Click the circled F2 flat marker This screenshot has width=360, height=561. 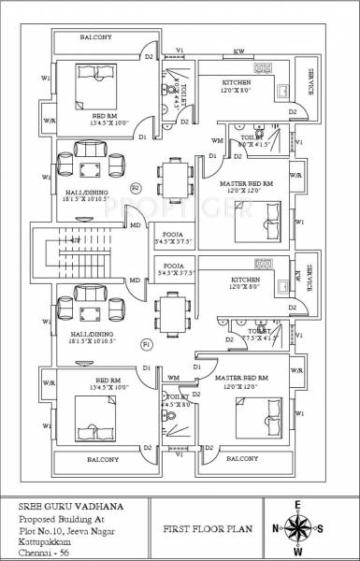135,188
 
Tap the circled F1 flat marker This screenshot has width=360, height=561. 145,345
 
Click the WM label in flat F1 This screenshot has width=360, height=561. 173,377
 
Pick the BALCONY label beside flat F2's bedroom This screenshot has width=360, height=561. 95,37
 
